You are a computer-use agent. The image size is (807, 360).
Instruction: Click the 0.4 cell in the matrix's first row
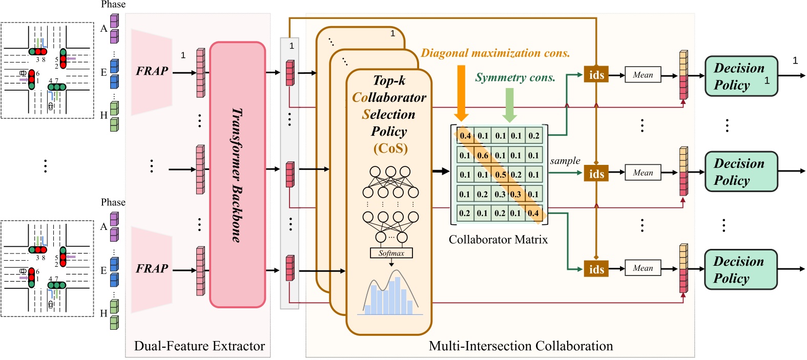point(465,136)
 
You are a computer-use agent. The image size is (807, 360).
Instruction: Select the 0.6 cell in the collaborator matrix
point(482,155)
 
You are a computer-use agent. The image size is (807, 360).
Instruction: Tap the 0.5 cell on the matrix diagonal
point(500,175)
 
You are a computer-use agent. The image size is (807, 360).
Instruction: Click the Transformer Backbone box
point(237,175)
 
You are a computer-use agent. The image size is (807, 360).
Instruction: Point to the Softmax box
point(391,253)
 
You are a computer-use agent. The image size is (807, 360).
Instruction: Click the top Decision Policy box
point(741,76)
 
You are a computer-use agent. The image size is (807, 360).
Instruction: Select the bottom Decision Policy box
point(740,269)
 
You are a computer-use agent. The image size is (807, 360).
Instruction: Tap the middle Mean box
point(643,173)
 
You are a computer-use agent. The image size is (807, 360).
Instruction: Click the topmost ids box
point(596,75)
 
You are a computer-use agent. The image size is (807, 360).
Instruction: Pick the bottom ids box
point(596,269)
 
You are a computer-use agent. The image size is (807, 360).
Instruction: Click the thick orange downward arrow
point(461,92)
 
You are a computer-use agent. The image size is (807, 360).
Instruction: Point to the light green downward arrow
point(509,104)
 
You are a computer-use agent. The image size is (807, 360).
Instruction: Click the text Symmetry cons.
point(515,78)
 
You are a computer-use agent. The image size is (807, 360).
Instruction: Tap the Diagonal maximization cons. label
point(495,53)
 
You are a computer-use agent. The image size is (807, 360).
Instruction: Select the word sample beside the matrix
point(565,161)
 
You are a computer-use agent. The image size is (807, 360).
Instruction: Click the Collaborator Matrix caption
point(498,240)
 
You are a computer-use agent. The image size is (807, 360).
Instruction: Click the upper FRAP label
point(152,71)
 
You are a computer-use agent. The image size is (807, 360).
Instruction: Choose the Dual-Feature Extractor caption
point(199,346)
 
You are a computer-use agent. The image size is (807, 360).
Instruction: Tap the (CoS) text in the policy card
point(390,149)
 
